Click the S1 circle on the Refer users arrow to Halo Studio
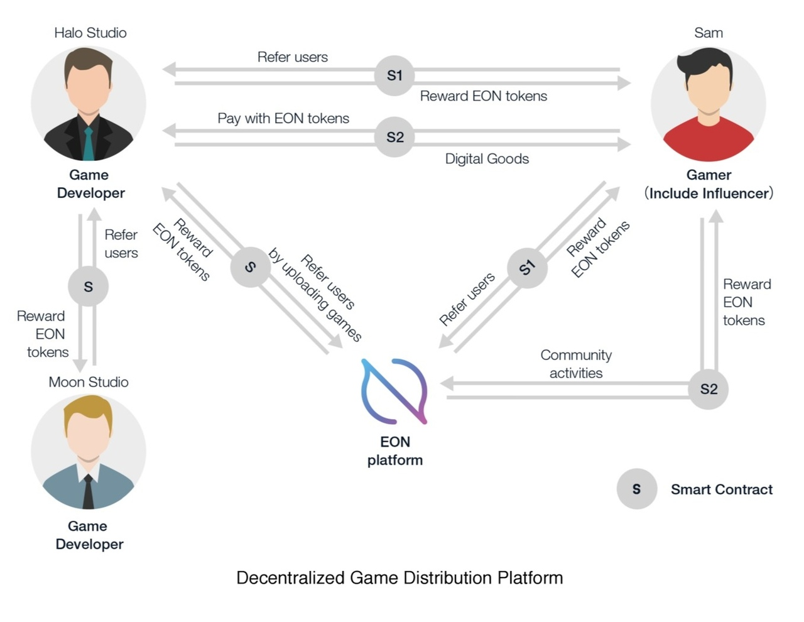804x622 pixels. click(394, 75)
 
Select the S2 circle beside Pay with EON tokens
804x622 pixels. click(394, 137)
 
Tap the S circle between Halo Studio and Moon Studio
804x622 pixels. click(88, 286)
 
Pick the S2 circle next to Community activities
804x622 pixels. click(708, 389)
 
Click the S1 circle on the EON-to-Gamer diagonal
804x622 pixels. click(526, 268)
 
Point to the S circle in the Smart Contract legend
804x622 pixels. click(636, 489)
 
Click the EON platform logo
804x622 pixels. click(394, 390)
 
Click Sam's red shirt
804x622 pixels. click(708, 141)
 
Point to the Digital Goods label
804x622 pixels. click(487, 159)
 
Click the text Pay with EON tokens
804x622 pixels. click(283, 118)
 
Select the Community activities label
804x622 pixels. click(576, 364)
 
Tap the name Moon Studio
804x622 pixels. click(89, 382)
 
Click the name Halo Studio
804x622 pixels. click(90, 33)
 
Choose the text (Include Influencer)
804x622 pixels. click(709, 193)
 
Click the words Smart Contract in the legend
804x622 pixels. click(722, 489)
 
